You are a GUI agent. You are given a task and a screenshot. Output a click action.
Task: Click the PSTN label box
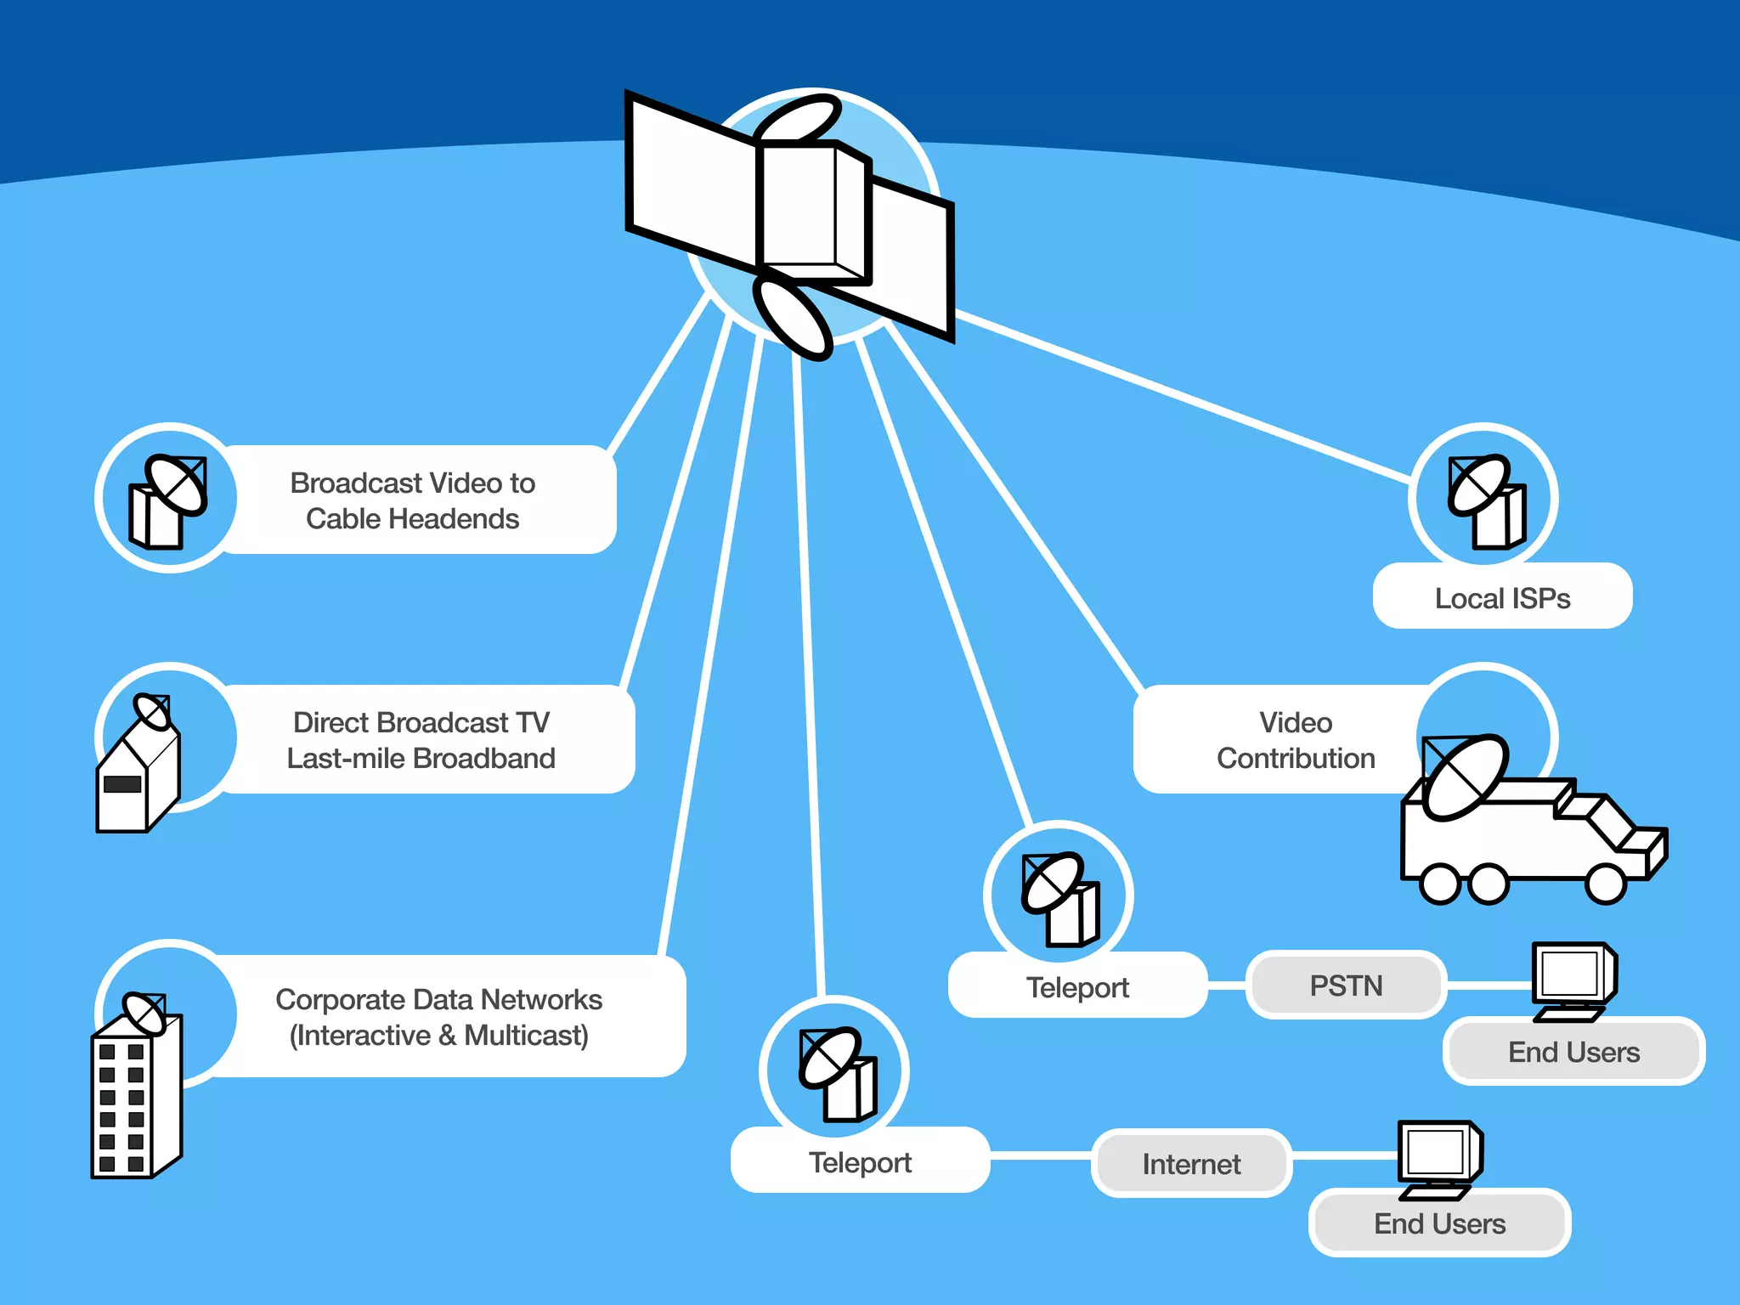(x=1346, y=986)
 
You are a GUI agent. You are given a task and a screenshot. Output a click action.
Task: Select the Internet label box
(x=1191, y=1164)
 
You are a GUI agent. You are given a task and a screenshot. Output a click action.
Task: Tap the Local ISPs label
(x=1502, y=598)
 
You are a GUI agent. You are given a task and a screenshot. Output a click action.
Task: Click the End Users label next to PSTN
(x=1573, y=1052)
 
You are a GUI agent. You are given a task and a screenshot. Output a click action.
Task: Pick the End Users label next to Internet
(x=1439, y=1223)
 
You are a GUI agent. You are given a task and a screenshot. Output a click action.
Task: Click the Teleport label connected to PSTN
(x=1077, y=987)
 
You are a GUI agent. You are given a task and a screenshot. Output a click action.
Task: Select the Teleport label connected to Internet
(x=860, y=1162)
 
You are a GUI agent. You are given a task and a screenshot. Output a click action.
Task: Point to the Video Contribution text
(x=1295, y=740)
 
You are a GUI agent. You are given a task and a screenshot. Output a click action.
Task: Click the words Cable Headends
(x=412, y=519)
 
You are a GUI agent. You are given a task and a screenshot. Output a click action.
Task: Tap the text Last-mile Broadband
(x=421, y=759)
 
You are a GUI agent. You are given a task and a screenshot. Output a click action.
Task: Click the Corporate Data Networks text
(x=438, y=1000)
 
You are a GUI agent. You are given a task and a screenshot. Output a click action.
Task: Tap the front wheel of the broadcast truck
(x=1605, y=884)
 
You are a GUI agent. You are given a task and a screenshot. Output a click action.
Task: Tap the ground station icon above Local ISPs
(x=1487, y=501)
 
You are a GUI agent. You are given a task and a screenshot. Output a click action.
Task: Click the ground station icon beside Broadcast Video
(x=168, y=501)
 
